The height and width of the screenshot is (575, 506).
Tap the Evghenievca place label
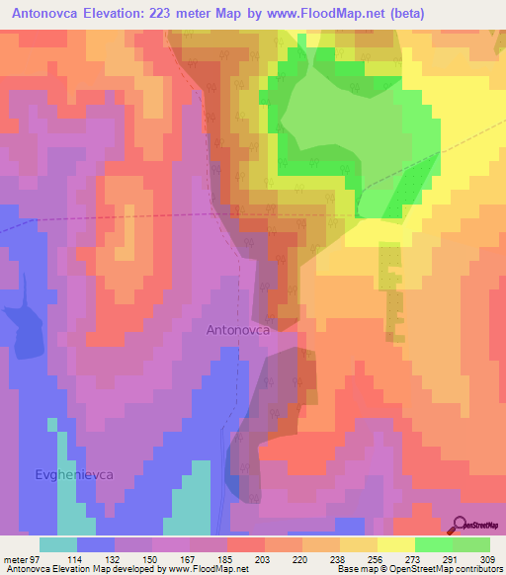(70, 474)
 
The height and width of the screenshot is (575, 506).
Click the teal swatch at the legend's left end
(58, 543)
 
